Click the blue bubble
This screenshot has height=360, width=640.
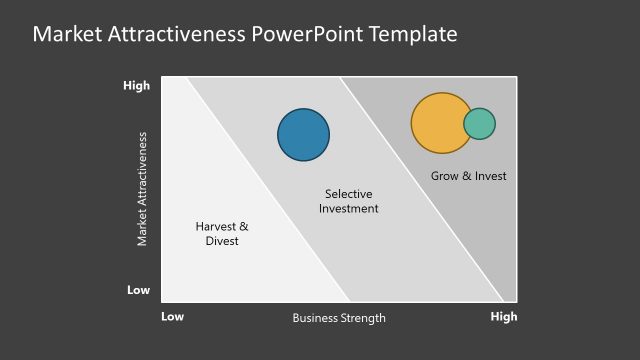pos(303,134)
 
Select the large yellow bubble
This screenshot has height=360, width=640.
pos(439,123)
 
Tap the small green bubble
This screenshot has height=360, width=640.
pos(480,123)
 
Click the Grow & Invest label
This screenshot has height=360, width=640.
pos(468,176)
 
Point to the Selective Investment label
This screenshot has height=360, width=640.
pos(349,201)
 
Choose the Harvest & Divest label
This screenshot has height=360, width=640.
pos(222,234)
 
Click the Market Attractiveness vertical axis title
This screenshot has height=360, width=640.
pos(142,188)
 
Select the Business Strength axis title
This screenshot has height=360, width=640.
pos(338,318)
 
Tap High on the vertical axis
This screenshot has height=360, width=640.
pos(137,86)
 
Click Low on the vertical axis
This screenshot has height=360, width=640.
pos(139,290)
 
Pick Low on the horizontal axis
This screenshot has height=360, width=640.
pos(173,317)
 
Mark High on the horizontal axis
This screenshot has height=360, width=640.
pos(503,317)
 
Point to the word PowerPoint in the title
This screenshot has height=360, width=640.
pos(311,34)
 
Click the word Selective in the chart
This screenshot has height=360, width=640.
pos(349,193)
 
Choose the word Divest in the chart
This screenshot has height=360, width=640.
pos(222,241)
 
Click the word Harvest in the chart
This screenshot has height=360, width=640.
pos(215,227)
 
